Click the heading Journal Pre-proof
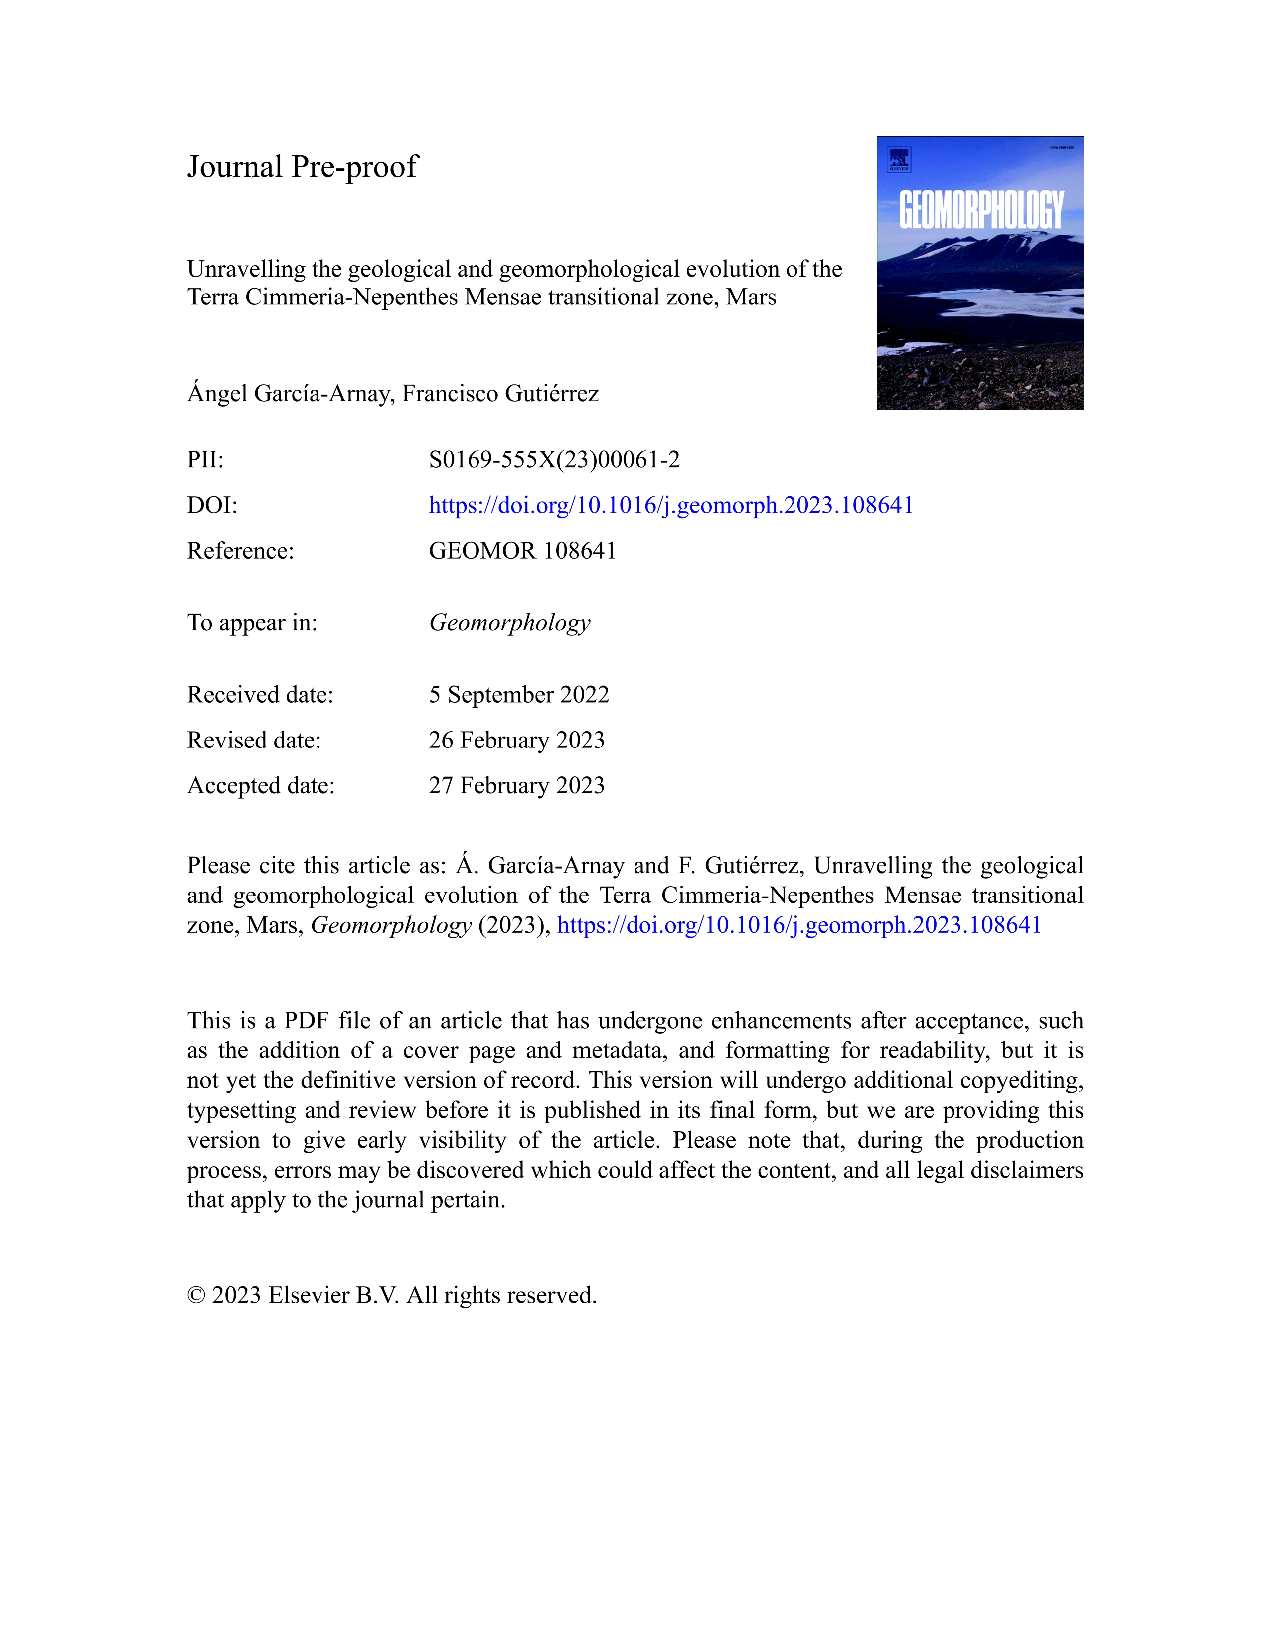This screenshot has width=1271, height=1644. click(302, 167)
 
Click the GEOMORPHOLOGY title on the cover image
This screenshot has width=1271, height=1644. click(980, 210)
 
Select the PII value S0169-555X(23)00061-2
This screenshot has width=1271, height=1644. click(554, 460)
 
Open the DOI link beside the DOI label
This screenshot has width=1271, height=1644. click(670, 505)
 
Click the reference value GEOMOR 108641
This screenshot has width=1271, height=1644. click(522, 551)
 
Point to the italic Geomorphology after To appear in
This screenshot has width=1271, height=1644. click(510, 623)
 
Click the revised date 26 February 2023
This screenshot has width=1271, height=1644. click(516, 741)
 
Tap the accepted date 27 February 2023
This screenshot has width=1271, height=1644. click(516, 786)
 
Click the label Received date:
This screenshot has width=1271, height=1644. click(260, 695)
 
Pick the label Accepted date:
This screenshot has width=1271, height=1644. click(261, 786)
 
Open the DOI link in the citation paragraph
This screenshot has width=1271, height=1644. click(799, 925)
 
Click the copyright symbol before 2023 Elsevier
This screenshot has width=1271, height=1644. click(196, 1296)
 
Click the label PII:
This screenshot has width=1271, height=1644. click(205, 460)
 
